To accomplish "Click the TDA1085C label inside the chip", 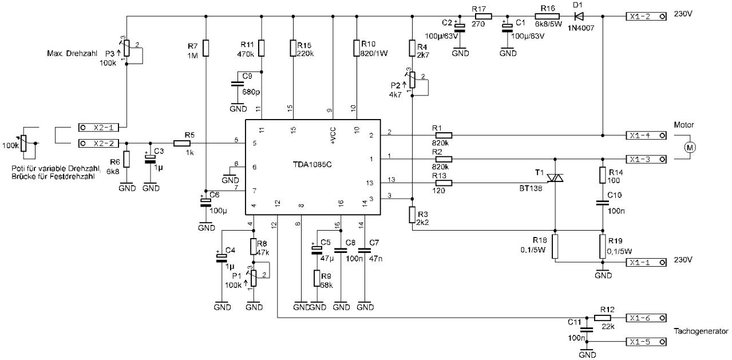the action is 312,165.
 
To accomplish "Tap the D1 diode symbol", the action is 579,16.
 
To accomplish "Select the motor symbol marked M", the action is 690,148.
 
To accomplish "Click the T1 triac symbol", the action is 555,179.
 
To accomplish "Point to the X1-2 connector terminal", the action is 646,17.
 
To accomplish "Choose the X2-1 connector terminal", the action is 98,128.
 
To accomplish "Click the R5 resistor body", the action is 181,143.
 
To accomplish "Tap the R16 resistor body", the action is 547,16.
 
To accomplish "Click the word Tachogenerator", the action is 701,331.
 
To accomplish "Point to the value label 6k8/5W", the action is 548,24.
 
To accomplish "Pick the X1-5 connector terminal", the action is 646,342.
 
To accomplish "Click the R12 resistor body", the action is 602,318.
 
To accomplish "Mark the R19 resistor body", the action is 603,247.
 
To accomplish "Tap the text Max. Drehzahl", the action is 72,53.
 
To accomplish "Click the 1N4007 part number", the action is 581,28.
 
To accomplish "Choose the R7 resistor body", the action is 205,48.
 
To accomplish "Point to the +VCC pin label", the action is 333,136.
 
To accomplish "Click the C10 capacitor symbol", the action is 603,203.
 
